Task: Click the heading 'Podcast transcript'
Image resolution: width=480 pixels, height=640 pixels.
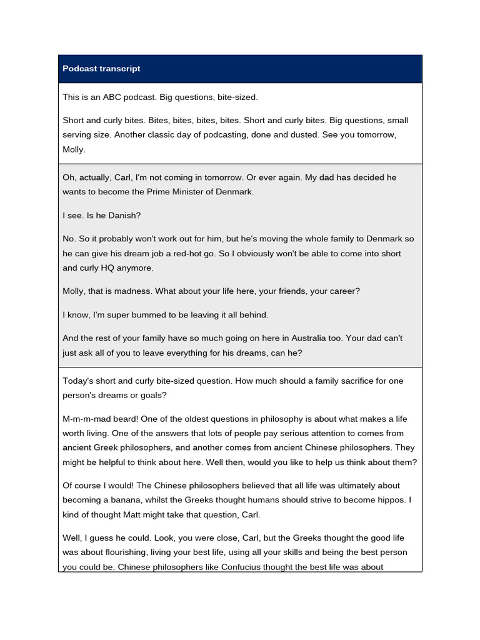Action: pyautogui.click(x=101, y=69)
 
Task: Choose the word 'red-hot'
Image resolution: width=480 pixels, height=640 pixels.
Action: pyautogui.click(x=226, y=253)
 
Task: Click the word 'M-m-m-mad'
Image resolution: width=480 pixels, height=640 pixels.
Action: pyautogui.click(x=84, y=419)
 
